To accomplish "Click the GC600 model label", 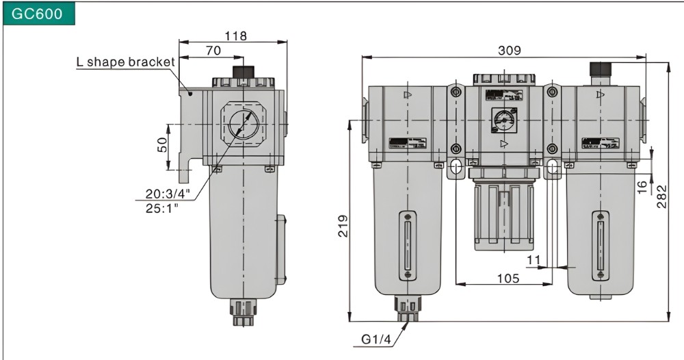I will point(38,14).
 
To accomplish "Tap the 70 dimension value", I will point(213,50).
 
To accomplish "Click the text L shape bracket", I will point(125,62).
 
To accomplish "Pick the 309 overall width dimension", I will point(509,50).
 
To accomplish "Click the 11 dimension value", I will point(534,260).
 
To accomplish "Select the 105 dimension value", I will point(508,278).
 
